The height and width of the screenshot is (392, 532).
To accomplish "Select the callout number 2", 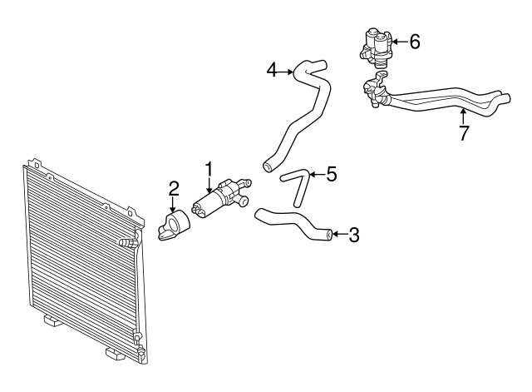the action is pyautogui.click(x=174, y=189).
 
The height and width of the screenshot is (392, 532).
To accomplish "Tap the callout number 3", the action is pyautogui.click(x=353, y=235).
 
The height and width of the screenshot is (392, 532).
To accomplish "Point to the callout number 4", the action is pyautogui.click(x=272, y=71).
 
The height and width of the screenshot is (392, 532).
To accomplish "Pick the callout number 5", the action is pyautogui.click(x=331, y=174).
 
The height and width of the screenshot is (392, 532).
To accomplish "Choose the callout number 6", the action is pyautogui.click(x=415, y=42).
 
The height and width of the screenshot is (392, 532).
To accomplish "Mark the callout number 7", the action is pyautogui.click(x=464, y=133).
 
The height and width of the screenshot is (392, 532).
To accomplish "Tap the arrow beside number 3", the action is pyautogui.click(x=340, y=234).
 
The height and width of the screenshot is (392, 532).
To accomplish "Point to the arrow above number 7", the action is pyautogui.click(x=463, y=116).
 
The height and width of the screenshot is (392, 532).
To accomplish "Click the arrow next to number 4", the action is pyautogui.click(x=286, y=72).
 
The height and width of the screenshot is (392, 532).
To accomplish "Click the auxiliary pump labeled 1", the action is pyautogui.click(x=221, y=199).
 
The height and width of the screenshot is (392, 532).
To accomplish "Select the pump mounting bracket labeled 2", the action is pyautogui.click(x=174, y=226).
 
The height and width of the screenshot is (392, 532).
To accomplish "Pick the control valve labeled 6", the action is pyautogui.click(x=375, y=48).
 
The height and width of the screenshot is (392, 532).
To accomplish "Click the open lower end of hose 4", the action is pyautogui.click(x=268, y=166).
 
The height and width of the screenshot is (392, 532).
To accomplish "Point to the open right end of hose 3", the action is pyautogui.click(x=329, y=235).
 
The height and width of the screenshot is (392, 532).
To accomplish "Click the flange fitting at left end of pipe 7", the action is pyautogui.click(x=375, y=90).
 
